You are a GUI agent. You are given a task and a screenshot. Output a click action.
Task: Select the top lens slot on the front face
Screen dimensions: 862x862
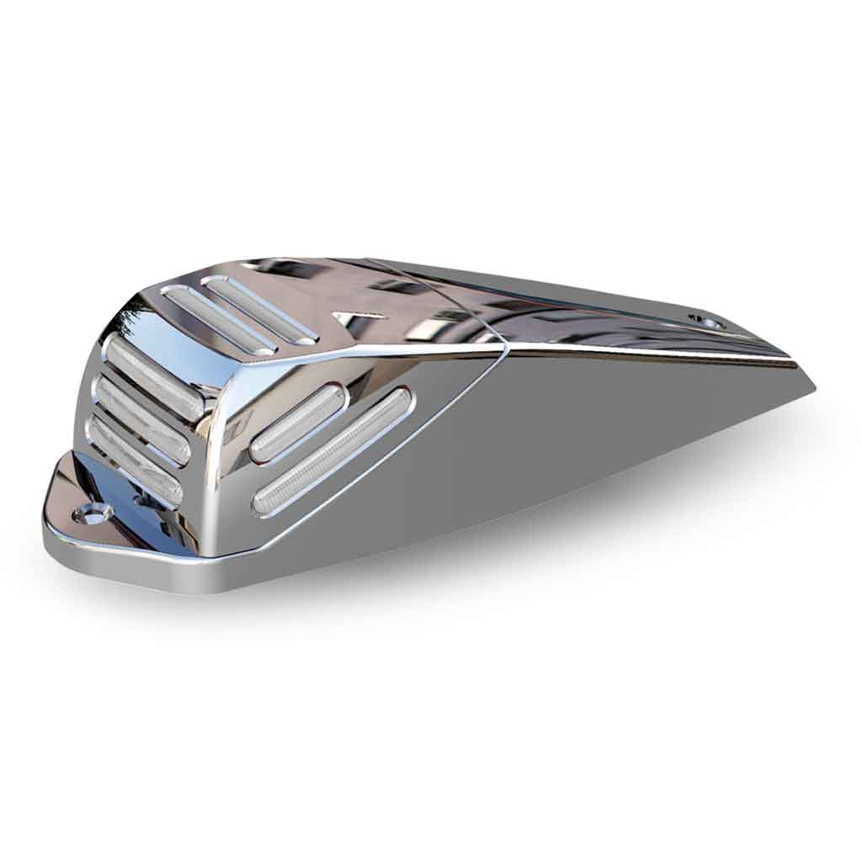click(x=154, y=375)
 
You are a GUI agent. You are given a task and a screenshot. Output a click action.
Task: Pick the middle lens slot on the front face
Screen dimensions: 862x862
click(x=141, y=418)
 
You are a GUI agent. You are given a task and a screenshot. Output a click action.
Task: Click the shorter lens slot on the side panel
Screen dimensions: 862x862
click(x=297, y=423)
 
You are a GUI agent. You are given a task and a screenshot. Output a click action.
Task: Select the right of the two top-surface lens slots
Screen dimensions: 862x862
click(x=260, y=308)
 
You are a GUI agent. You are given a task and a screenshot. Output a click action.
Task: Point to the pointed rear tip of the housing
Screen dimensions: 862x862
click(x=811, y=389)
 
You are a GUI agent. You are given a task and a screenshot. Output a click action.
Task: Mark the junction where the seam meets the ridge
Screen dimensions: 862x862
click(x=505, y=345)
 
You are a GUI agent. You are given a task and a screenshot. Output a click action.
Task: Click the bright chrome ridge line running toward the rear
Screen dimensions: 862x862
click(x=657, y=354)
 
